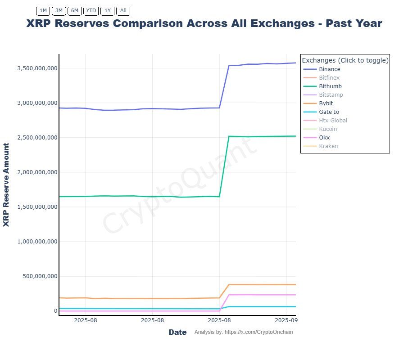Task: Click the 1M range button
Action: coord(43,10)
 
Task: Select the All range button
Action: coord(123,10)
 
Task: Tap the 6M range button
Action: coord(75,10)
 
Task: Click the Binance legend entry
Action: coord(329,69)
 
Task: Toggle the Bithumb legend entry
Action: coord(330,86)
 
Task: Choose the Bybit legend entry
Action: coord(326,103)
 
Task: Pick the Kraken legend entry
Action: coord(328,146)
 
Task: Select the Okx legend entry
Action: coord(324,138)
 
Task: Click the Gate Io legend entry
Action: coord(329,112)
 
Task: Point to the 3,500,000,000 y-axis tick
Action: coord(37,68)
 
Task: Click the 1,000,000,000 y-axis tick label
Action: coord(37,242)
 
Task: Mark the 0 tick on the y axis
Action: coord(55,311)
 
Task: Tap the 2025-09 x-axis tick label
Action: coord(286,320)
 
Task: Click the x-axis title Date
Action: coord(177,332)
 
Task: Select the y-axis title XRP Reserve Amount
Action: coord(6,184)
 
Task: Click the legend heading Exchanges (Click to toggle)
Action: coord(345,60)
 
